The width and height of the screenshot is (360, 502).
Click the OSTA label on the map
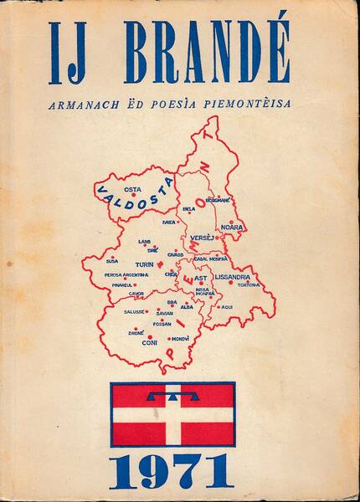pos(132,189)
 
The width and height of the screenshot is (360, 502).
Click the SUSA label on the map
pos(112,261)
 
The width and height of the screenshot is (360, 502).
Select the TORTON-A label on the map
pos(249,284)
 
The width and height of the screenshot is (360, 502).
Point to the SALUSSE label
pos(135,311)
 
